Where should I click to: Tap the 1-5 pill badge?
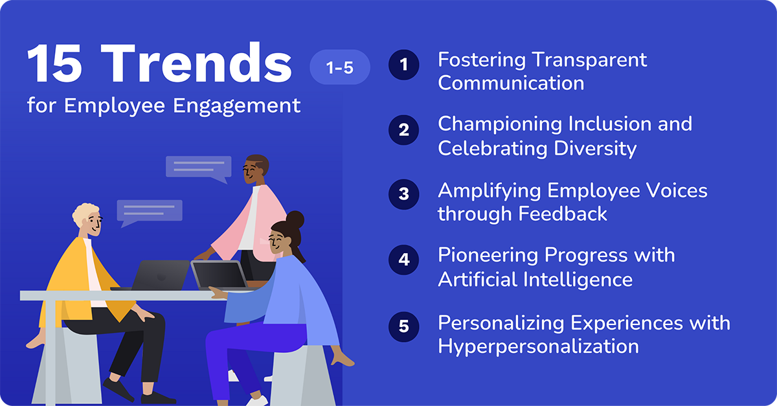tap(339, 67)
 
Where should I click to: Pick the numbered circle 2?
tap(404, 130)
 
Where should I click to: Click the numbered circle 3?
tap(404, 194)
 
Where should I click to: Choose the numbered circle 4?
tap(404, 260)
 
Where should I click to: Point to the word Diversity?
tap(595, 148)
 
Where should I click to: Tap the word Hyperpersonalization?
tap(538, 346)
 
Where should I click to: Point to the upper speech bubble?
tap(198, 168)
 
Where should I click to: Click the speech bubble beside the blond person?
tap(150, 211)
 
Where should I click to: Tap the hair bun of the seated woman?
tap(295, 219)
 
